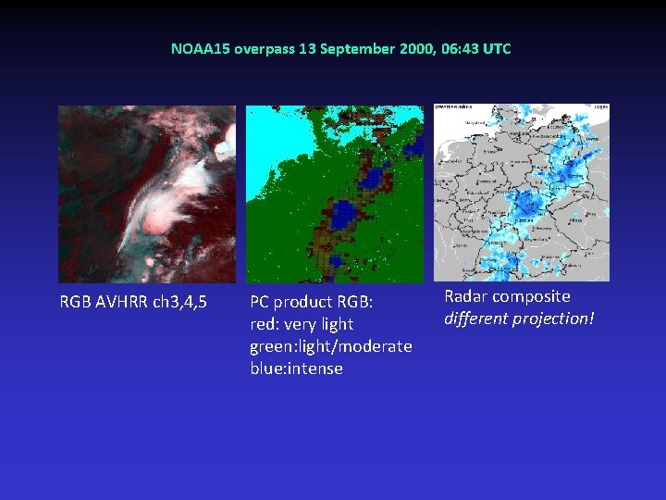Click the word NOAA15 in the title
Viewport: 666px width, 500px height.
click(193, 48)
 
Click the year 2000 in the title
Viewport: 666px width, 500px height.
click(412, 48)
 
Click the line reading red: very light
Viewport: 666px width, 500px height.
click(302, 324)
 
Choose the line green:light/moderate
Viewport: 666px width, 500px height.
click(330, 346)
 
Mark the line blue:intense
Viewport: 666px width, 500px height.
click(296, 369)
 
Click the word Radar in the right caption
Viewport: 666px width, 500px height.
click(466, 296)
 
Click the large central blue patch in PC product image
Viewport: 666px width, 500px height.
click(345, 215)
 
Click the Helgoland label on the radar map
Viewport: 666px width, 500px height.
click(450, 120)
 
